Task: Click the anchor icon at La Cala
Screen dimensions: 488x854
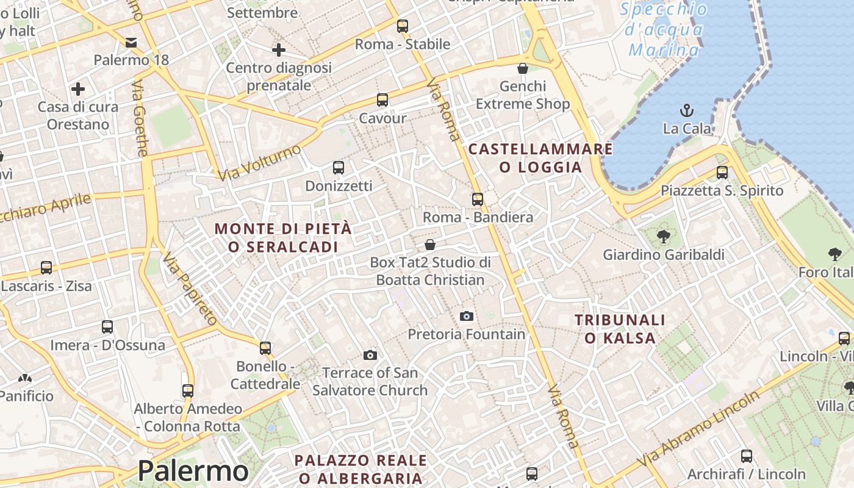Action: pos(687,110)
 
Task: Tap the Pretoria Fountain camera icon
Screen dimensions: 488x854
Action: pos(467,316)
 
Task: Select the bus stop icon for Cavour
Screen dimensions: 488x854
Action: pos(382,100)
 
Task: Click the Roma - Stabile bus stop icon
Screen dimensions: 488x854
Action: pos(402,26)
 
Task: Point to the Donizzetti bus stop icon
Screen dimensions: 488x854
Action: pos(339,167)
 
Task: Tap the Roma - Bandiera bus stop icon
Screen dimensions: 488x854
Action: pos(478,199)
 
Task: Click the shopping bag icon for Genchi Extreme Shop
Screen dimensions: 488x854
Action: pos(523,68)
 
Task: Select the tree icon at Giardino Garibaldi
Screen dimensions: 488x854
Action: pos(664,236)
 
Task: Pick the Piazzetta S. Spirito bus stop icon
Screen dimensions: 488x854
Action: pos(722,172)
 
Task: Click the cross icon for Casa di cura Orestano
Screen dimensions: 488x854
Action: pos(78,90)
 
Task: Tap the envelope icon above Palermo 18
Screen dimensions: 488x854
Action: pos(131,43)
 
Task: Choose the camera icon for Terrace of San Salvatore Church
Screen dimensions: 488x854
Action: pos(370,355)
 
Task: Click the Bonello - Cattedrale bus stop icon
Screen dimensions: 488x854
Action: pos(265,348)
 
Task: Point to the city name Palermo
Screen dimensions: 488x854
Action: pos(193,471)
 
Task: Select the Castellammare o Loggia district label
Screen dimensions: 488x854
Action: pos(540,158)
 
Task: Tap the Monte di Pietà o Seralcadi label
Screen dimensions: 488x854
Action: pos(283,238)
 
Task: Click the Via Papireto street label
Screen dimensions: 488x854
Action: pos(190,289)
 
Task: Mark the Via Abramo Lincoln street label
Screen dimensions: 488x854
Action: pos(698,428)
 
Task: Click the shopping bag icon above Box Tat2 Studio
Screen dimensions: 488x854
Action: pos(430,245)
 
